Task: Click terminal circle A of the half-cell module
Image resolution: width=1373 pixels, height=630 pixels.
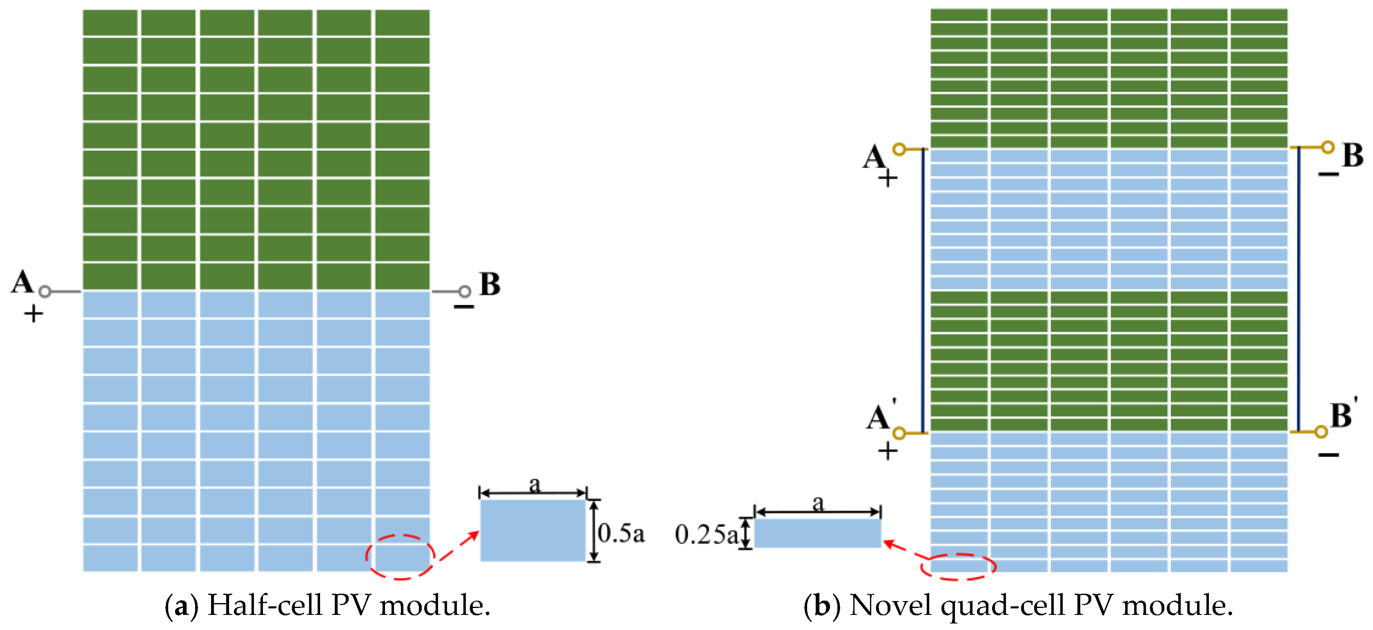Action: (45, 291)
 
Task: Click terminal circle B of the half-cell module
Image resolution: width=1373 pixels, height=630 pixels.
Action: (465, 291)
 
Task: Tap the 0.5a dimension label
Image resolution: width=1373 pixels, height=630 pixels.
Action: (621, 533)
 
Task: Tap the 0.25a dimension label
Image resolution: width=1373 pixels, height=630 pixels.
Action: (706, 535)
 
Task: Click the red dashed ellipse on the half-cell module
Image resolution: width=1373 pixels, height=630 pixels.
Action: (400, 557)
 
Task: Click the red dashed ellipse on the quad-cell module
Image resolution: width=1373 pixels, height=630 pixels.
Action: (958, 567)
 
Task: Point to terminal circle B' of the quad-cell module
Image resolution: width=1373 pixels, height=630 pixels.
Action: (1321, 432)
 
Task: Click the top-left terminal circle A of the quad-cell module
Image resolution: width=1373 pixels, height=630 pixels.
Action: (899, 149)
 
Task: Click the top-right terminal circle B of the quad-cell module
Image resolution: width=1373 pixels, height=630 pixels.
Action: (1327, 147)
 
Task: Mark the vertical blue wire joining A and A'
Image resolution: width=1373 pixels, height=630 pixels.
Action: (923, 291)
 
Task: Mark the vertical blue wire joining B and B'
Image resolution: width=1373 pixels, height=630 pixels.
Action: (1298, 289)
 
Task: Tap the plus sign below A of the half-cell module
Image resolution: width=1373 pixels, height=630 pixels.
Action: (33, 314)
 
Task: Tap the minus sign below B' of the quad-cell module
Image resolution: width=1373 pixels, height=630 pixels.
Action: (1329, 455)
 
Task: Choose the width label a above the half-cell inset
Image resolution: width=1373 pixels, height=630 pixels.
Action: (534, 484)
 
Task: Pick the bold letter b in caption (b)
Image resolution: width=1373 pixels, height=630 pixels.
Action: (822, 606)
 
